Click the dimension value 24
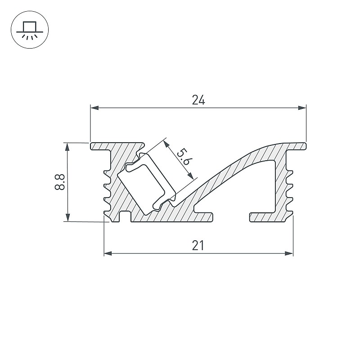point(198,100)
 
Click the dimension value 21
point(198,246)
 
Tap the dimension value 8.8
point(60,182)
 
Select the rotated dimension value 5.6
point(183,157)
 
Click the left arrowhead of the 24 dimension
point(94,108)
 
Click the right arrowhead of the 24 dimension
point(302,108)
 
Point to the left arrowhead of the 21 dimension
point(108,253)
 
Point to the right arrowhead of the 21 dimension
point(289,253)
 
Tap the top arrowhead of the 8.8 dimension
point(67,147)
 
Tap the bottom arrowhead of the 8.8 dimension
point(67,217)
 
